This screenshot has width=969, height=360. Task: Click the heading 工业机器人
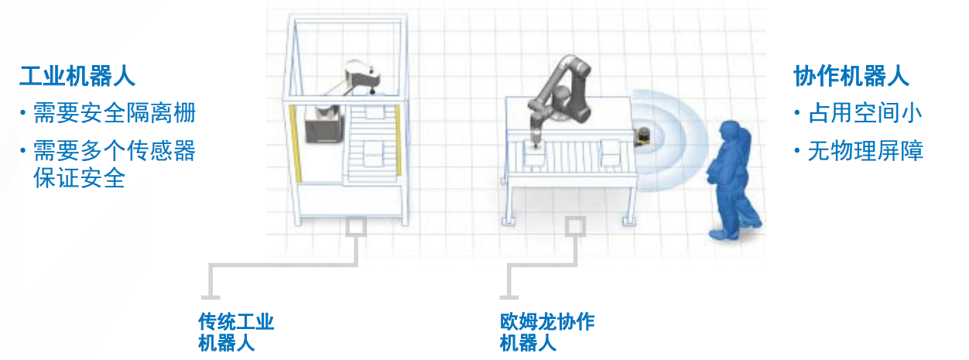pyautogui.click(x=77, y=77)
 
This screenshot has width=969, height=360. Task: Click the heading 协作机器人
pyautogui.click(x=851, y=77)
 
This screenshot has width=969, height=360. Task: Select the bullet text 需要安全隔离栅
pyautogui.click(x=114, y=114)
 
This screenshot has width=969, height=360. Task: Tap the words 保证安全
pyautogui.click(x=79, y=178)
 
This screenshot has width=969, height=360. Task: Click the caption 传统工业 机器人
pyautogui.click(x=236, y=331)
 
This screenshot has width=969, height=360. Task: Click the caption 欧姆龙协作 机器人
pyautogui.click(x=546, y=331)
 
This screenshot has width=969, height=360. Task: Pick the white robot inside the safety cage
pyautogui.click(x=360, y=77)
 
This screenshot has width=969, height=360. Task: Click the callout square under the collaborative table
pyautogui.click(x=574, y=226)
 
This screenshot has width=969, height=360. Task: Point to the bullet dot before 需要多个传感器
pyautogui.click(x=23, y=150)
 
